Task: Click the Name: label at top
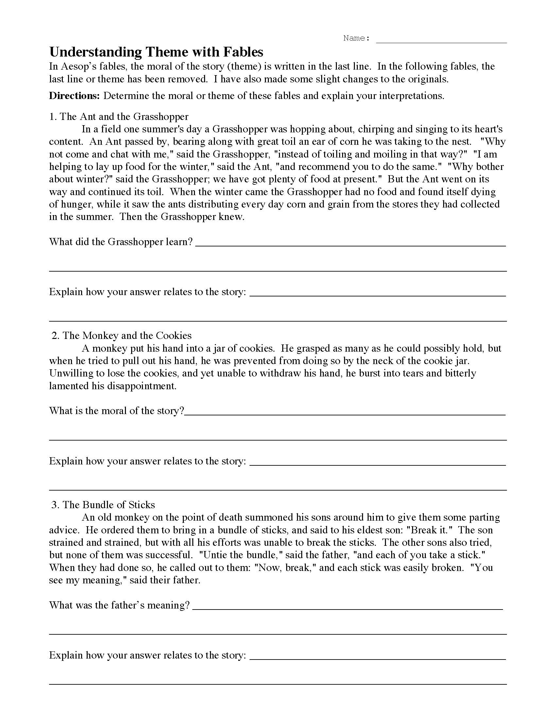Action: (356, 38)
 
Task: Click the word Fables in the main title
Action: (243, 52)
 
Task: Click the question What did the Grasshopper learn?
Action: (121, 242)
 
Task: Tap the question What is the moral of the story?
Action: (117, 411)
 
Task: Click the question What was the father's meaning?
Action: (120, 605)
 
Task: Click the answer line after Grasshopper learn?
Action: (351, 245)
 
